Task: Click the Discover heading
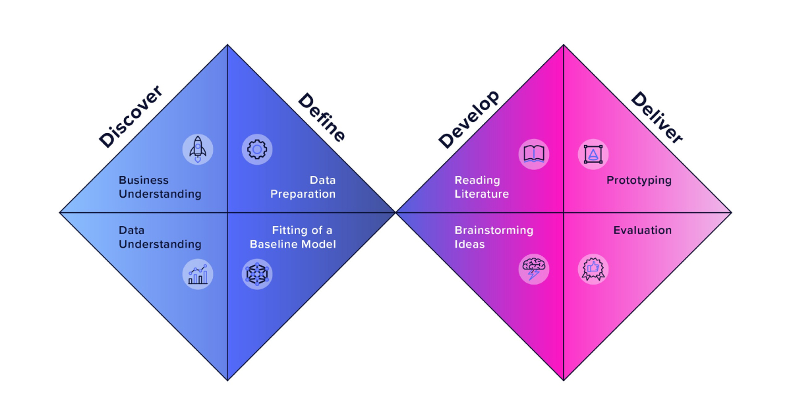[131, 117]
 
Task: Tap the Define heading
[322, 118]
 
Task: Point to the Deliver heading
[657, 118]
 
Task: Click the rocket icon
[198, 150]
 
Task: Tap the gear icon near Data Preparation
[256, 150]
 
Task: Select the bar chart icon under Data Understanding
[198, 274]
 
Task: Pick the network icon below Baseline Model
[256, 274]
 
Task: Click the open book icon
[534, 154]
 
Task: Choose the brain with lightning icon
[534, 269]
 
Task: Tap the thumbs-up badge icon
[593, 269]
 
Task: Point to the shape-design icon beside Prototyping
[593, 154]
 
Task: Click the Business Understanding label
[160, 187]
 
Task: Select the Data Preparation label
[303, 187]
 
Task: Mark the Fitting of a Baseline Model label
[293, 237]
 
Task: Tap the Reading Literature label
[482, 187]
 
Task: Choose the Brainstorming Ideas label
[494, 237]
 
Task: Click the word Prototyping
[639, 180]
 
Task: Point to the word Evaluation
[642, 230]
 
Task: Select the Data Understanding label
[160, 237]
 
